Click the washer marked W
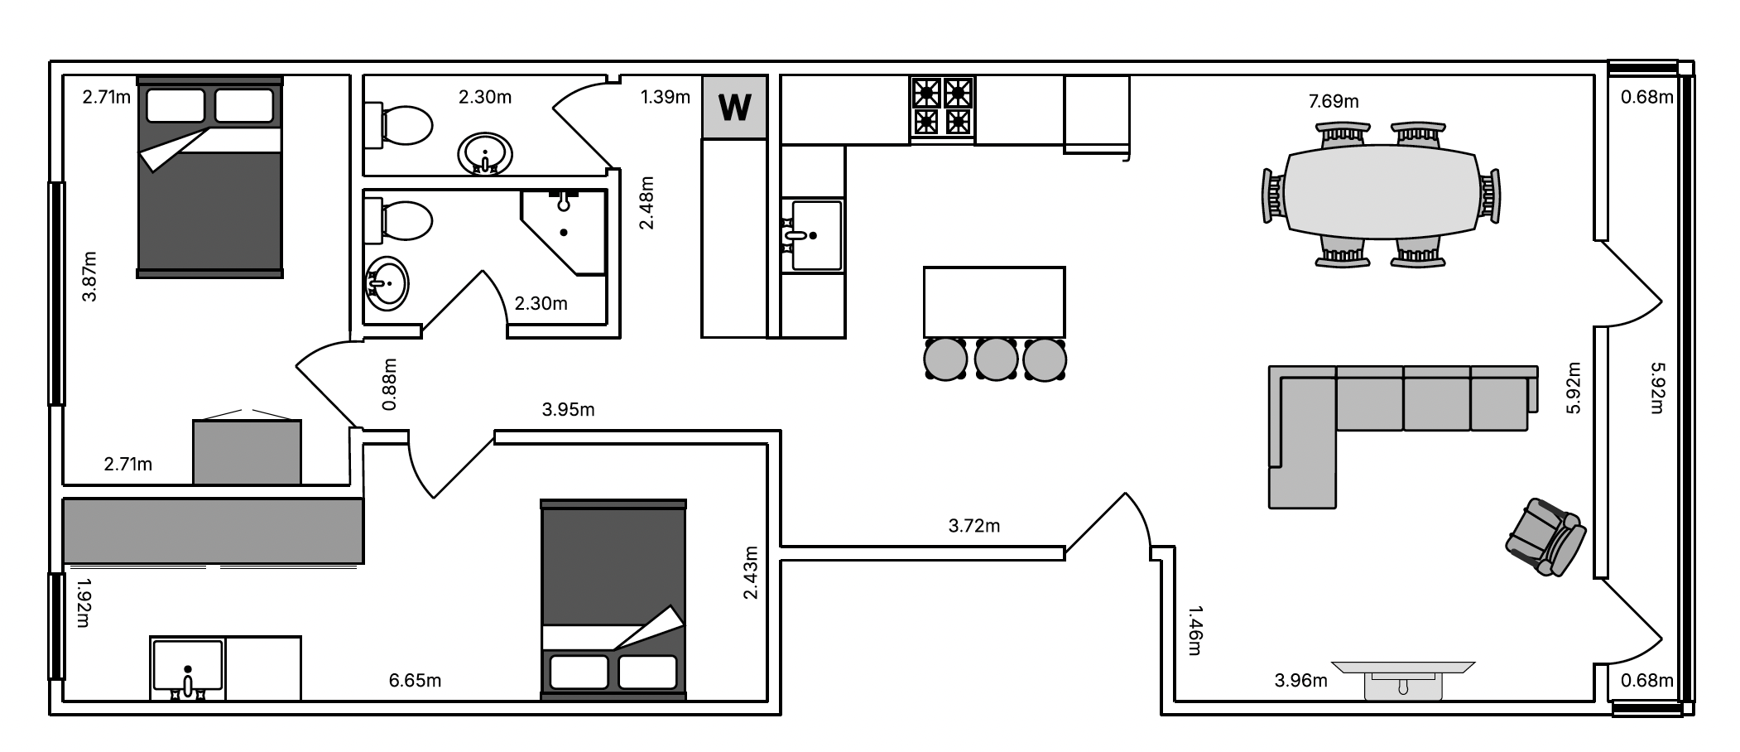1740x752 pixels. pyautogui.click(x=735, y=108)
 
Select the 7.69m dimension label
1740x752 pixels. pyautogui.click(x=1334, y=101)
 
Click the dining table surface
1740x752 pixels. pyautogui.click(x=1381, y=192)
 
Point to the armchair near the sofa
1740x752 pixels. pyautogui.click(x=1545, y=537)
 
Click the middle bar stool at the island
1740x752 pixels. pyautogui.click(x=995, y=358)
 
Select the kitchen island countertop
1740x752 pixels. pyautogui.click(x=994, y=301)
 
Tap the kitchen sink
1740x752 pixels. pyautogui.click(x=815, y=235)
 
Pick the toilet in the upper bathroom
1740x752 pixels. pyautogui.click(x=398, y=126)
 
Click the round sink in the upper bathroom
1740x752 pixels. pyautogui.click(x=484, y=153)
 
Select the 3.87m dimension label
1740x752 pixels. pyautogui.click(x=89, y=277)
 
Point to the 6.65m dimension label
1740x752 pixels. pyautogui.click(x=415, y=681)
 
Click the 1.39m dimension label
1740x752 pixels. pyautogui.click(x=666, y=97)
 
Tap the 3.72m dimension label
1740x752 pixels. pyautogui.click(x=974, y=526)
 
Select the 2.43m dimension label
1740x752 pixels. pyautogui.click(x=751, y=572)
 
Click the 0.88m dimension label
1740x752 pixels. pyautogui.click(x=390, y=384)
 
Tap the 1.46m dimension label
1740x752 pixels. pyautogui.click(x=1195, y=630)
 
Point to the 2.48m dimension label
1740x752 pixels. pyautogui.click(x=647, y=203)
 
